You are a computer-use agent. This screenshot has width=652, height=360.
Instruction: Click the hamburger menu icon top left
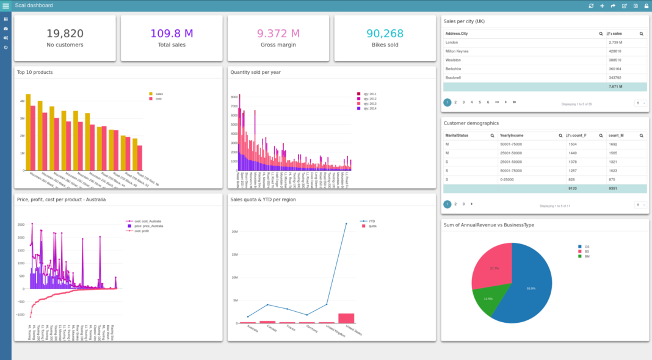coord(5,5)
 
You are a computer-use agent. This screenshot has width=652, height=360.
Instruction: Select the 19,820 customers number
coord(65,34)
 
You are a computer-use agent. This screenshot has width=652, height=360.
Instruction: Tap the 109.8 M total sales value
coord(172,34)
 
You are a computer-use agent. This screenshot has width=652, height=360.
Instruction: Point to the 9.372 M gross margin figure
coord(278,34)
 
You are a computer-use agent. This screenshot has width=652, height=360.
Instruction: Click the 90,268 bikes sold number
coord(385,34)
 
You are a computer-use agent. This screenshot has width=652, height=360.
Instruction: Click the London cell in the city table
coord(452,43)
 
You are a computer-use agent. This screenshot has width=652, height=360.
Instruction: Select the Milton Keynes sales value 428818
coord(615,51)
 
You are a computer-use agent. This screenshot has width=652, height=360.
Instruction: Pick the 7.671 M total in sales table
coord(615,87)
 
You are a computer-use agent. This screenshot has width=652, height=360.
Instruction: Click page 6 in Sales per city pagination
coord(488,102)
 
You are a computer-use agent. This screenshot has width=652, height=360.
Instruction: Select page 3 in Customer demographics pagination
coord(463,204)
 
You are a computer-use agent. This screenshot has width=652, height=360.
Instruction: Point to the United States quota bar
coord(346,318)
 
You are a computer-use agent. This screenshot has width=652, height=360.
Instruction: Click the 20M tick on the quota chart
coord(234,232)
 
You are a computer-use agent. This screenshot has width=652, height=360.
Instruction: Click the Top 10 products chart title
coord(35,72)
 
